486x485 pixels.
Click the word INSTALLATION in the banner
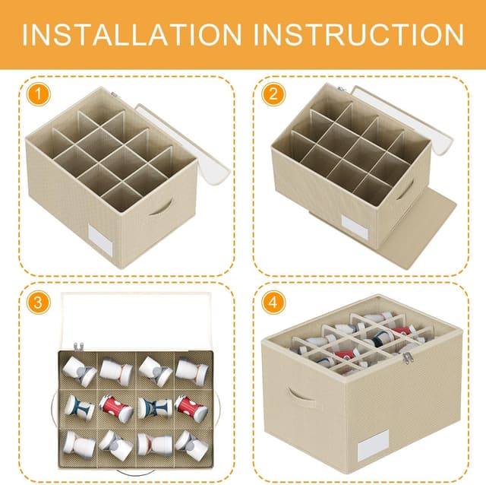(x=131, y=34)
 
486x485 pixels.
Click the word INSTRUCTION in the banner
(x=359, y=34)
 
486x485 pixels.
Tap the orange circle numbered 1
(x=38, y=94)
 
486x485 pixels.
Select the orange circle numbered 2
(x=273, y=94)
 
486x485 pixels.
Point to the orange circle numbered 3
(x=38, y=303)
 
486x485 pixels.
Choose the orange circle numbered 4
(x=273, y=303)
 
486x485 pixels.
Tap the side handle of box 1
(x=161, y=208)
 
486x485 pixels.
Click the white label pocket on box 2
(x=355, y=227)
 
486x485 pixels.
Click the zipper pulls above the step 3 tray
(x=78, y=347)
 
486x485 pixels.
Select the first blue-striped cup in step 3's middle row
(x=79, y=407)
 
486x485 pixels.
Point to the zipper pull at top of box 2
(x=342, y=89)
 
